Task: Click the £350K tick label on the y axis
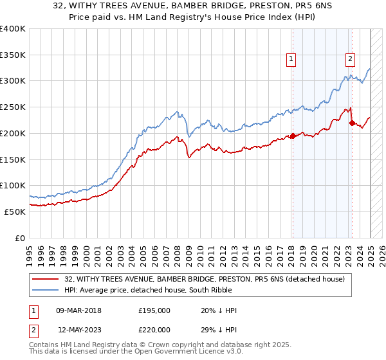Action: pyautogui.click(x=12, y=55)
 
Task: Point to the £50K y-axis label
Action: pyautogui.click(x=14, y=212)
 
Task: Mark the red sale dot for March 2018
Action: pyautogui.click(x=292, y=136)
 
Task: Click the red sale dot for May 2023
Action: pyautogui.click(x=352, y=123)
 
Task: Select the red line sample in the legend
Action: pyautogui.click(x=46, y=279)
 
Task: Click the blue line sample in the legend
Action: pyautogui.click(x=46, y=290)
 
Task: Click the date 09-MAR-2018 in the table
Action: pyautogui.click(x=78, y=310)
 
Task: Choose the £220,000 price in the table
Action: pyautogui.click(x=154, y=329)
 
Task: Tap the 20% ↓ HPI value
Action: pyautogui.click(x=219, y=310)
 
